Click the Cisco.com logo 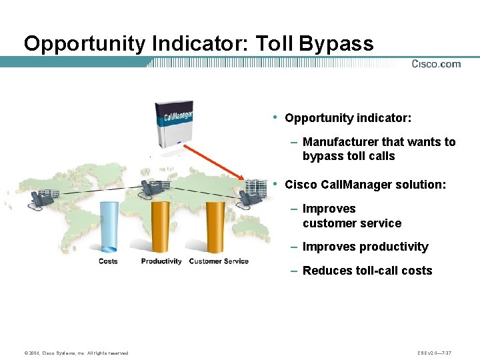(x=436, y=64)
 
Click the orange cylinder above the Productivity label (x=161, y=226)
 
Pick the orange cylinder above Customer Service (x=215, y=226)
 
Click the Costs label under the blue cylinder (x=108, y=261)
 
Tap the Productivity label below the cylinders (x=161, y=261)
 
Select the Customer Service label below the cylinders (x=219, y=261)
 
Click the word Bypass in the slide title (x=337, y=44)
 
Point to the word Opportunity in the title (x=85, y=44)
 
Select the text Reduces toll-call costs (x=367, y=271)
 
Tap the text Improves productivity (x=365, y=247)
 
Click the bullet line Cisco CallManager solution (x=365, y=185)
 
